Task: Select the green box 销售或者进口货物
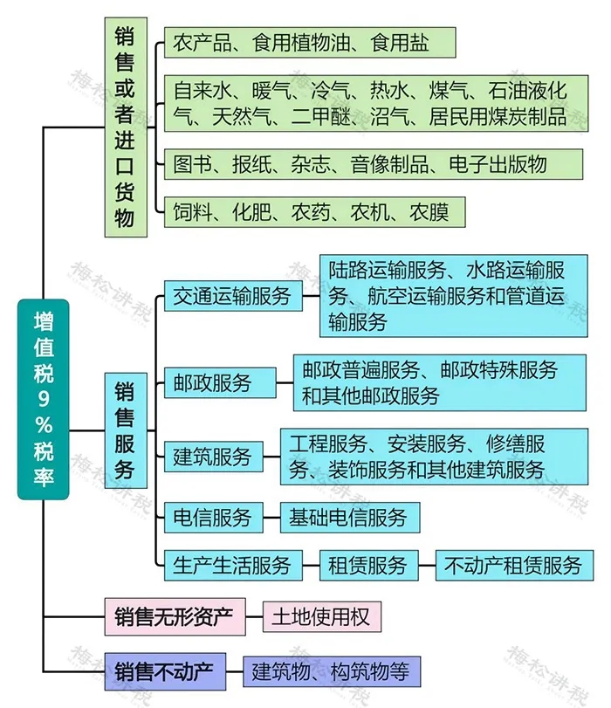(125, 127)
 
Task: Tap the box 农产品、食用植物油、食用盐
(309, 42)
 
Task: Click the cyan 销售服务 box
(125, 430)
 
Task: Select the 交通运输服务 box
(232, 295)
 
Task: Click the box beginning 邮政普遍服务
(437, 381)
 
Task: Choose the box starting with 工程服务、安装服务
(434, 456)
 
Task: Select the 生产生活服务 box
(232, 565)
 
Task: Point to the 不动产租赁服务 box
(514, 565)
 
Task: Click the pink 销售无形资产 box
(175, 617)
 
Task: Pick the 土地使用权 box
(322, 617)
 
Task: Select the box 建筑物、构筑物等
(332, 671)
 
